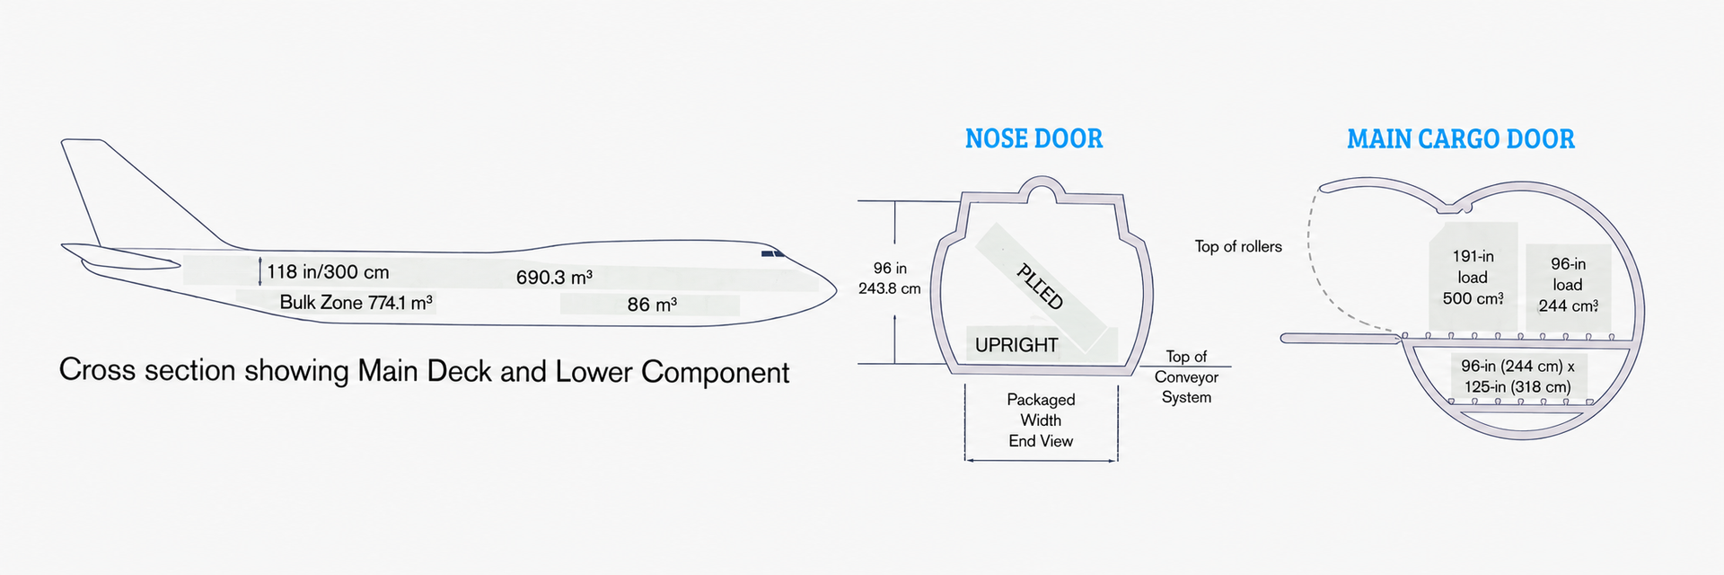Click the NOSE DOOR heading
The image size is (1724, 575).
[1034, 138]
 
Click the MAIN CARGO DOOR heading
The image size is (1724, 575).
[1461, 139]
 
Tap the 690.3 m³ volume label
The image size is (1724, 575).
[554, 278]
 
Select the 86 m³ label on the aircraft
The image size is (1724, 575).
[652, 305]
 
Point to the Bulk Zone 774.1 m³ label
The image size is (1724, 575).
[356, 303]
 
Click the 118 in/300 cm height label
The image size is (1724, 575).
[328, 272]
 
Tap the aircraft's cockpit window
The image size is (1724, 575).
[773, 255]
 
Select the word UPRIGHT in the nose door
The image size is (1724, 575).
[1016, 345]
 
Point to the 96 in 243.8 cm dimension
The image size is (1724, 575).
[889, 279]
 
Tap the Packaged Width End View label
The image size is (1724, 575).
[1041, 420]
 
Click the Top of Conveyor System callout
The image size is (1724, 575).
[1186, 377]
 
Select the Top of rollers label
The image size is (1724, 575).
[1238, 246]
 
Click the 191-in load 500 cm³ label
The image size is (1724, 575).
[1473, 278]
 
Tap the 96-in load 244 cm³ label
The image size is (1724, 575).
[1568, 285]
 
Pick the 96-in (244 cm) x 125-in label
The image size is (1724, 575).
[1517, 376]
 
